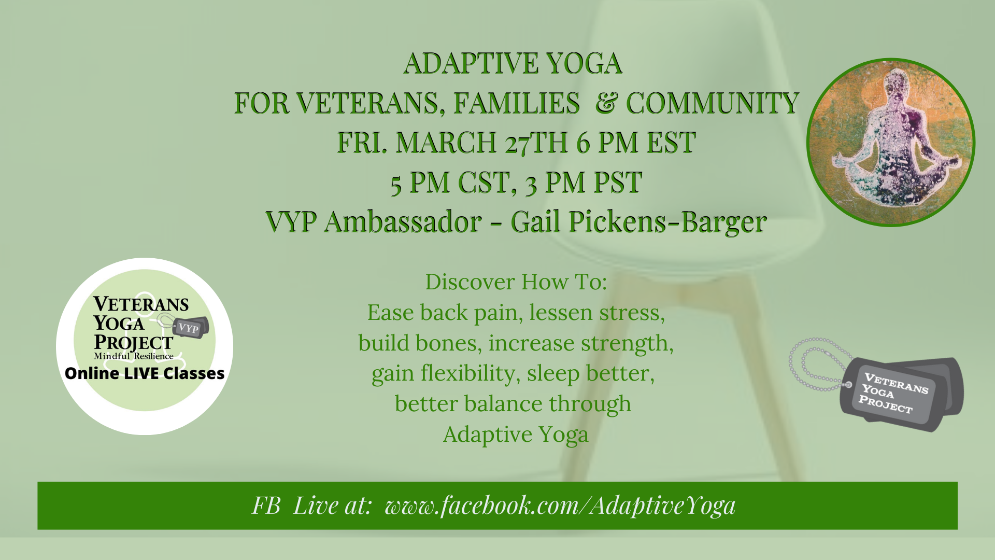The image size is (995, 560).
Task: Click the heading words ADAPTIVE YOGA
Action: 513,63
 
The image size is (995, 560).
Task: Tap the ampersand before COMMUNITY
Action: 606,103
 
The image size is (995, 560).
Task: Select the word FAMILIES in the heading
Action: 517,103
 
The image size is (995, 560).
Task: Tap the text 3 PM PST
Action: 584,183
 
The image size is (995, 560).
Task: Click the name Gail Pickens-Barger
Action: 638,223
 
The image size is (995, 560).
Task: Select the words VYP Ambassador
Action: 374,222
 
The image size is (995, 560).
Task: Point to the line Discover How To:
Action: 516,282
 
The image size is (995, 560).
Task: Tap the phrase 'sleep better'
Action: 591,374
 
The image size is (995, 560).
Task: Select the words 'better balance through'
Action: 513,404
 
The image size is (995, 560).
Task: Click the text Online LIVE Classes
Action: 145,373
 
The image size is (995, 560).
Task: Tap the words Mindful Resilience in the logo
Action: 134,356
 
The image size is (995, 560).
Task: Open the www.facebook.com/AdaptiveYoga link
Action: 560,506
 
